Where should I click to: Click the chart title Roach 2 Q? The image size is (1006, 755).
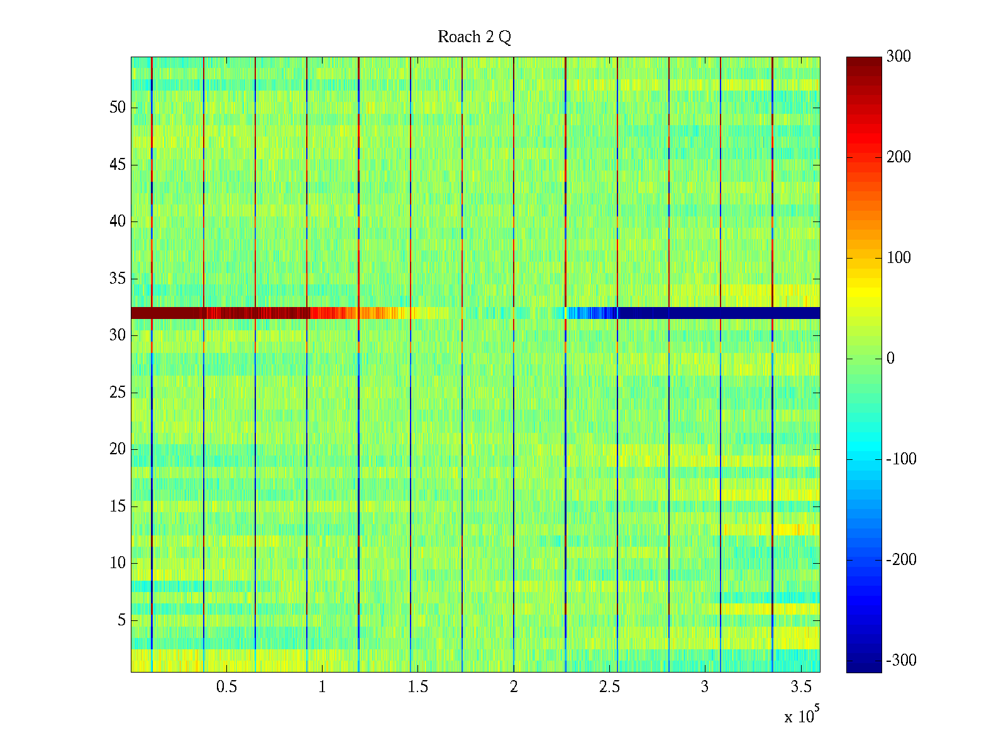474,37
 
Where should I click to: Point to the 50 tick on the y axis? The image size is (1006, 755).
118,108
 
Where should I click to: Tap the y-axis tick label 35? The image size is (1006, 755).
118,279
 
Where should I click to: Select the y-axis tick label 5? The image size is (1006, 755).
121,620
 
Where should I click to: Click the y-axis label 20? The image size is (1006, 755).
118,449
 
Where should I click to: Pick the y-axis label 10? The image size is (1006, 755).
118,563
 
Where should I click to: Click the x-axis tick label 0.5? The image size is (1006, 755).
226,687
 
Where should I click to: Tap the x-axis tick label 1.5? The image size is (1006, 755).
418,687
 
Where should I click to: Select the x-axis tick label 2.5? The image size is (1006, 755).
609,687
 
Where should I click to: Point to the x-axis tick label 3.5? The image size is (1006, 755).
801,687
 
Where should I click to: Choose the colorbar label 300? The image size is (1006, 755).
898,57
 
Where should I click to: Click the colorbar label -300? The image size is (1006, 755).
901,661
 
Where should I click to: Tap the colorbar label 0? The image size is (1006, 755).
890,359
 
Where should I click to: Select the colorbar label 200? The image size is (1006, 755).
898,157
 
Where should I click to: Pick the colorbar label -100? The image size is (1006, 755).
901,459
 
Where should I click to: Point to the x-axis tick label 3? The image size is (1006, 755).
705,687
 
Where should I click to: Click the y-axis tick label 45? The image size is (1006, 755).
118,165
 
